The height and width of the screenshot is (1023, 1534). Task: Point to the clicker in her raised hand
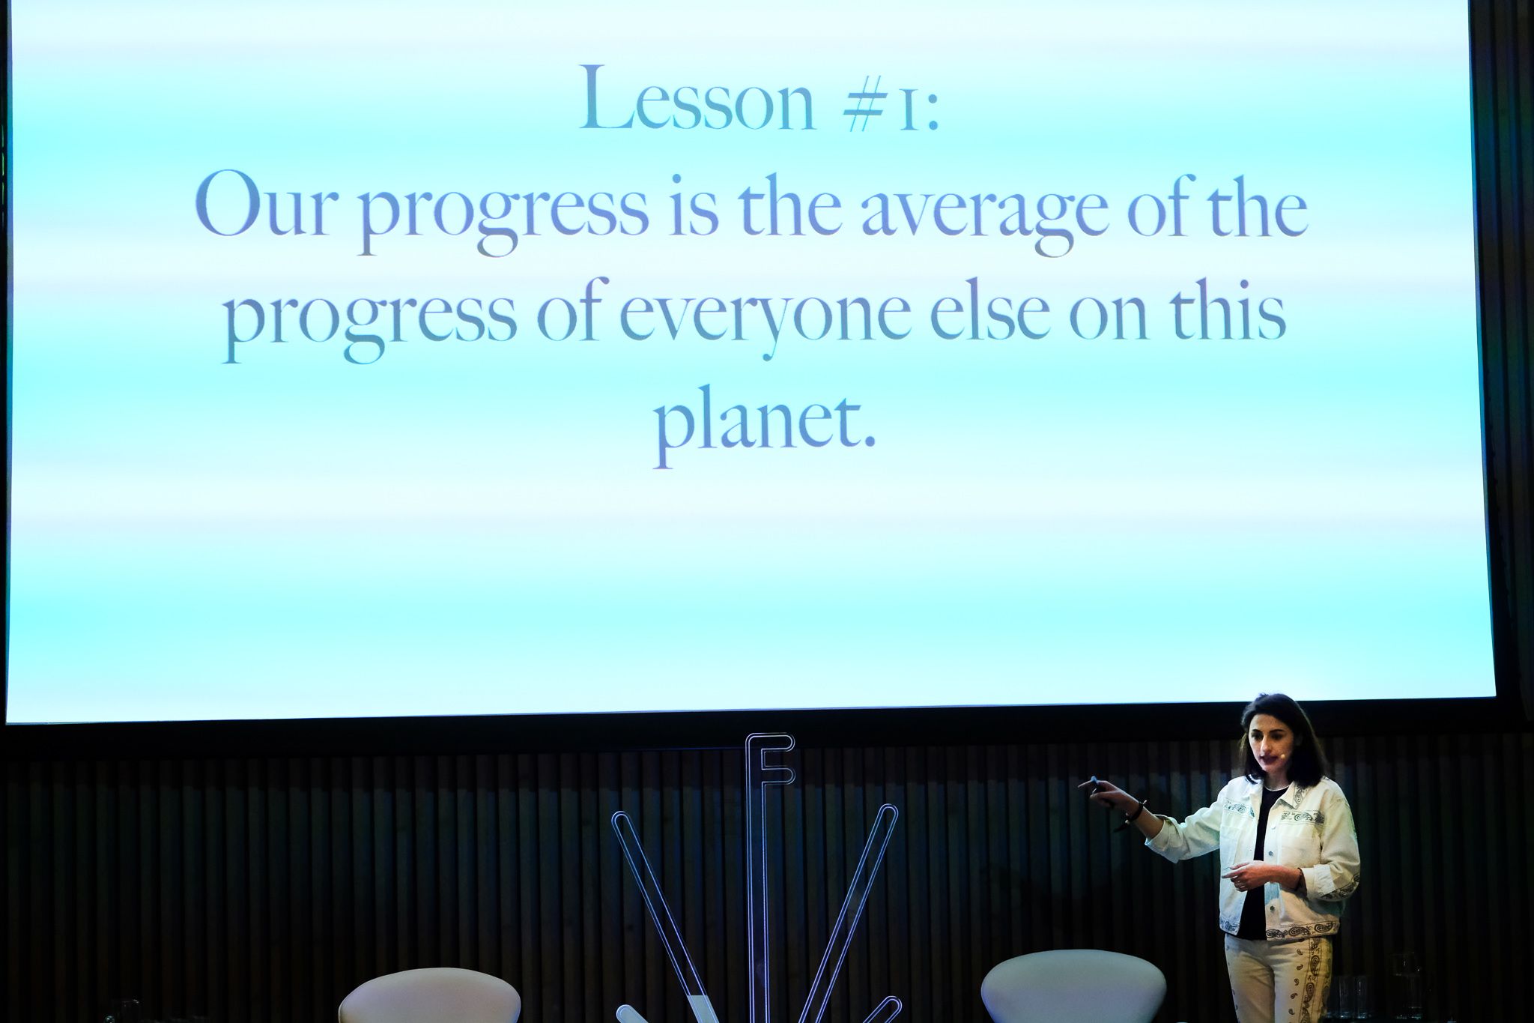(1095, 784)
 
